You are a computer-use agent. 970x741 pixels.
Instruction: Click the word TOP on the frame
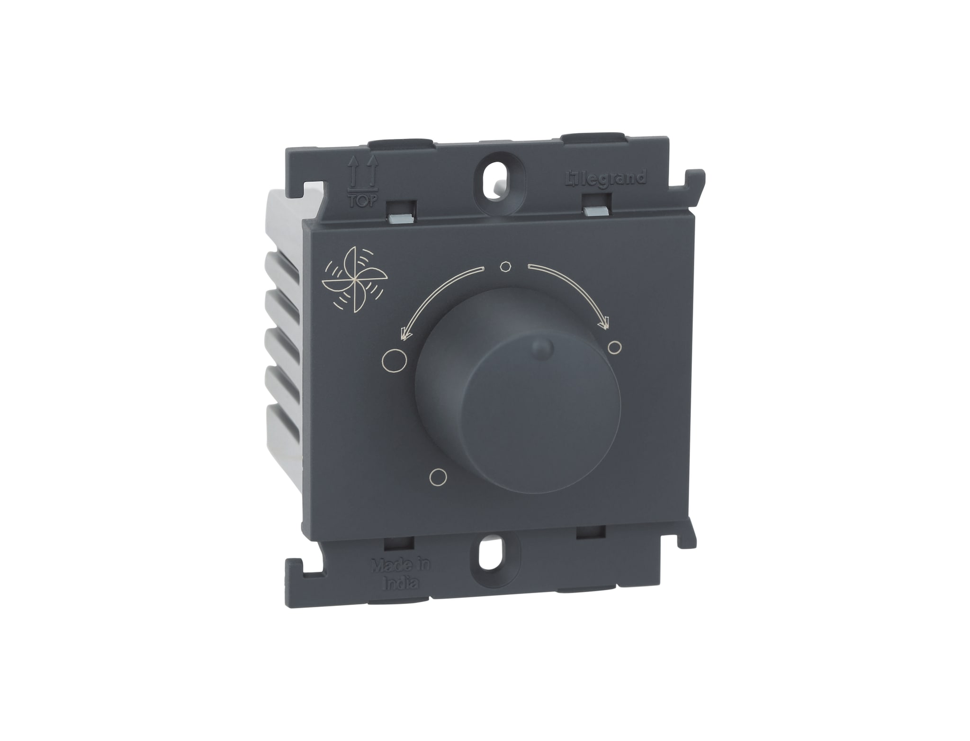click(x=362, y=201)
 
